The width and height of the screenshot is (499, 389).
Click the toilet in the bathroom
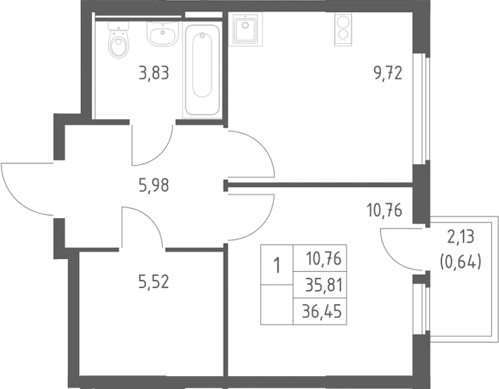coord(119,40)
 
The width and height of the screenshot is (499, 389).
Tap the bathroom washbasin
coord(163,33)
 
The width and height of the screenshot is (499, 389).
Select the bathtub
coord(202,71)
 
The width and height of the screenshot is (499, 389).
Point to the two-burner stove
coord(343,29)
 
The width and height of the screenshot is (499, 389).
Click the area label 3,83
coord(154,73)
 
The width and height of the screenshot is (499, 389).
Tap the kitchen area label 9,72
coord(388,74)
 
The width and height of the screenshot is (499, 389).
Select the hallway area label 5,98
coord(154,185)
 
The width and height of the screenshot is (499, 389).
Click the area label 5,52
coord(154,282)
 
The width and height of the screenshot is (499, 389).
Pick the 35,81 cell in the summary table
coord(319,285)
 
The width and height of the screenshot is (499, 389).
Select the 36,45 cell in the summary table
coord(319,312)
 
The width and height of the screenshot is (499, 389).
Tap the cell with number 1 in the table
coord(277,265)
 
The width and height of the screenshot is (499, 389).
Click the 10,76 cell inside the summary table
coord(319,258)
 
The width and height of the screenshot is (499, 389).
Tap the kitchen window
coord(421,109)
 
